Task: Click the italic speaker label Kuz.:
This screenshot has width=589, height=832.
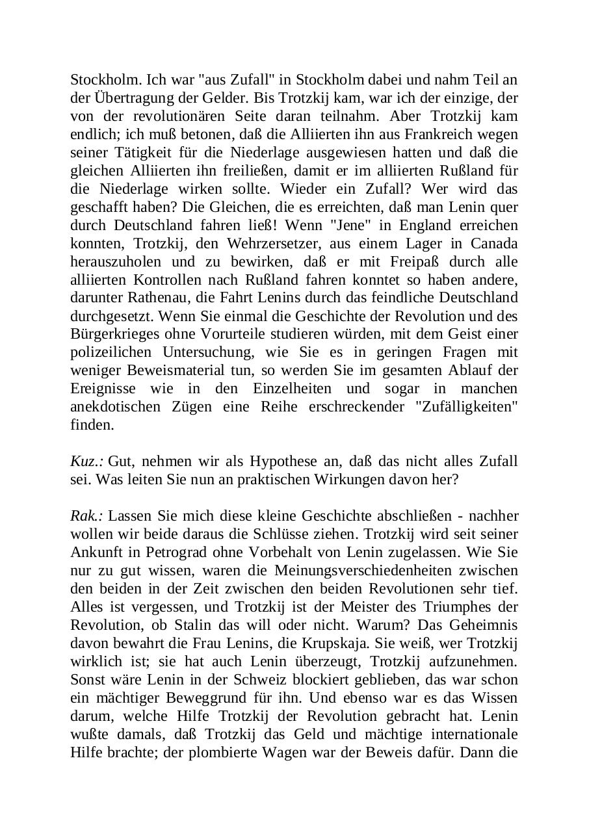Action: (x=87, y=461)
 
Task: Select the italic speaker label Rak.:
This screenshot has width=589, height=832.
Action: (x=87, y=516)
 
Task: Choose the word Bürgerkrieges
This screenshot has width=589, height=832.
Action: (x=111, y=335)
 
